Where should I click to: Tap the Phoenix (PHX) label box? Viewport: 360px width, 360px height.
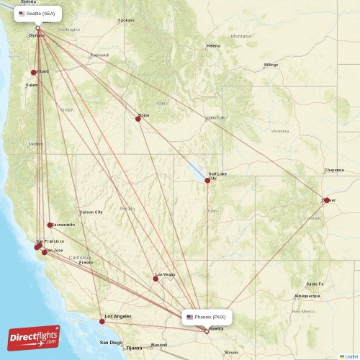pyautogui.click(x=207, y=317)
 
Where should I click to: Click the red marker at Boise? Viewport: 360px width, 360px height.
pyautogui.click(x=138, y=118)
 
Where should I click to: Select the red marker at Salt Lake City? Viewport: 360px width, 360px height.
pyautogui.click(x=207, y=180)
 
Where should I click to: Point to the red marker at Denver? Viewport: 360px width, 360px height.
pyautogui.click(x=326, y=200)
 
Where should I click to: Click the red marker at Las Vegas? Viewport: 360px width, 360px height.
pyautogui.click(x=156, y=278)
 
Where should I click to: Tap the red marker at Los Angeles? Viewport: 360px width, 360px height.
pyautogui.click(x=102, y=321)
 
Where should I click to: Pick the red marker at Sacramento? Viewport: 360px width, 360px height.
pyautogui.click(x=50, y=225)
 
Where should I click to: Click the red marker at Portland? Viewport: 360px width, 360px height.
pyautogui.click(x=34, y=72)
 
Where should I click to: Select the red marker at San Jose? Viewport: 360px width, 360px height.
pyautogui.click(x=45, y=252)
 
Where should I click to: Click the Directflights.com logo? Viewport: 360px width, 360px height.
pyautogui.click(x=34, y=336)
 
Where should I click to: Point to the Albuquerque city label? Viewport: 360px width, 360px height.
pyautogui.click(x=307, y=296)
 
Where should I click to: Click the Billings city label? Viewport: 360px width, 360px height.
pyautogui.click(x=271, y=66)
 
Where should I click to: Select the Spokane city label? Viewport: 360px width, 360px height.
pyautogui.click(x=127, y=20)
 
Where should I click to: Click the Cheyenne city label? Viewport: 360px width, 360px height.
pyautogui.click(x=334, y=171)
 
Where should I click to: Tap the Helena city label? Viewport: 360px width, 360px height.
pyautogui.click(x=213, y=46)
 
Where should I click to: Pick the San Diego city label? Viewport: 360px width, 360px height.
pyautogui.click(x=111, y=343)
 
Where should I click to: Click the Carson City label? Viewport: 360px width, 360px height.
pyautogui.click(x=91, y=212)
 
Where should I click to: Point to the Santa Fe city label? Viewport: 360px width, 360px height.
pyautogui.click(x=315, y=284)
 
